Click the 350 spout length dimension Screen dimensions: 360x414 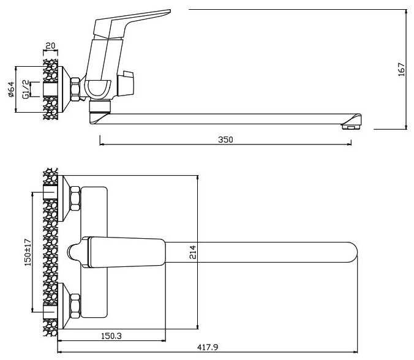pyautogui.click(x=225, y=140)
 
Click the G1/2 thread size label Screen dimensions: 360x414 pyautogui.click(x=26, y=88)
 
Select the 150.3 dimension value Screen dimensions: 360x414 pyautogui.click(x=111, y=336)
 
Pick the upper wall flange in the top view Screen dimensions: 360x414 pyautogui.click(x=64, y=197)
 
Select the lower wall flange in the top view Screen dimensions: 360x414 pyautogui.click(x=64, y=306)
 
